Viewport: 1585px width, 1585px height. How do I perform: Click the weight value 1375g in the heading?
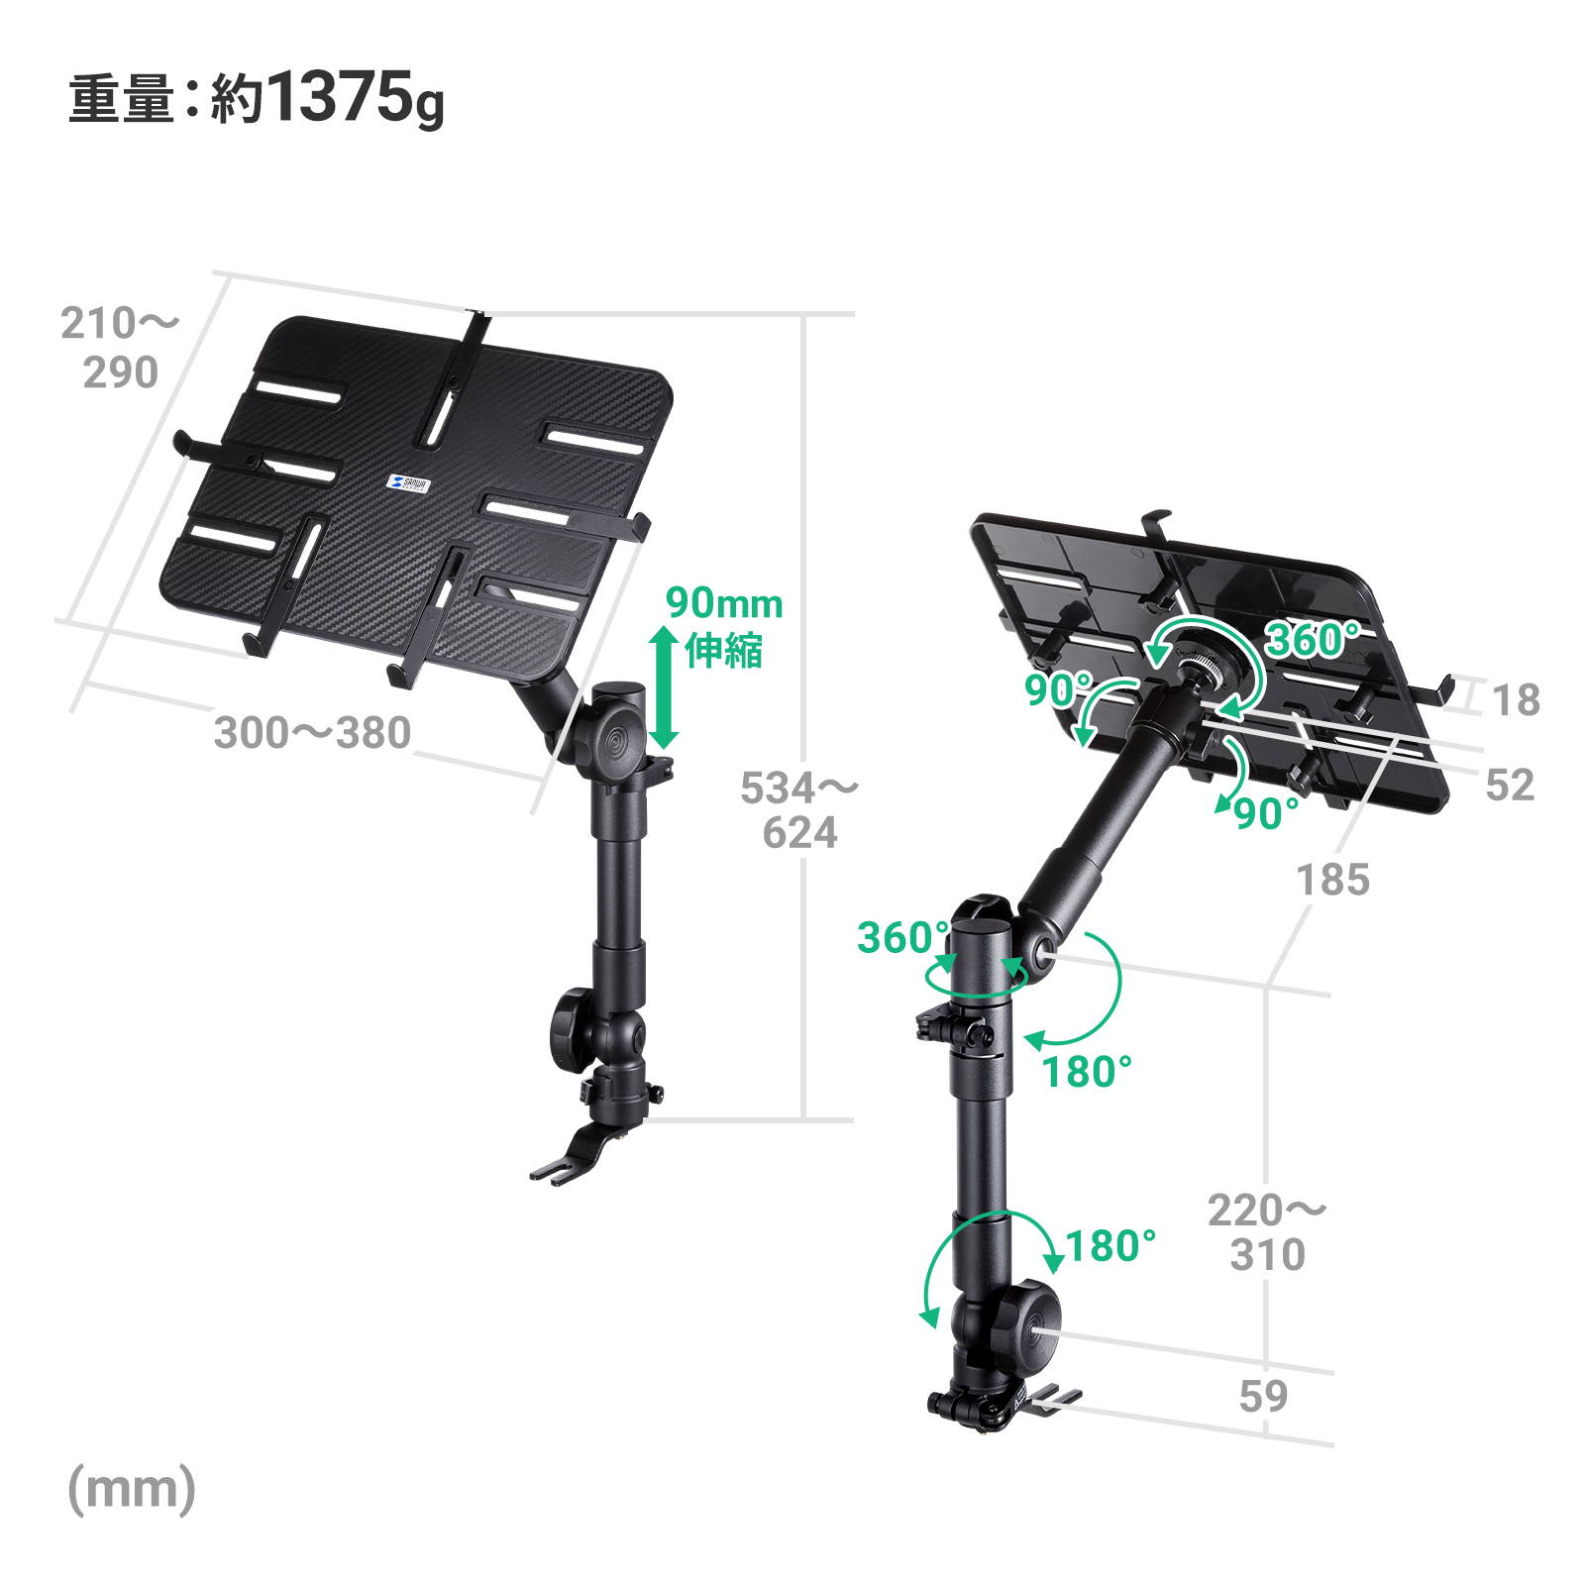354,99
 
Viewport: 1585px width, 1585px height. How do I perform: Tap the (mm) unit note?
132,1489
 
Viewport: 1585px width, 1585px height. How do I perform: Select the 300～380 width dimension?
312,733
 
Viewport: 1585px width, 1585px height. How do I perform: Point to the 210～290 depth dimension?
120,348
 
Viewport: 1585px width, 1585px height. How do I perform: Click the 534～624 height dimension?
799,810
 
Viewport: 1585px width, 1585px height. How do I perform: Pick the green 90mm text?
724,602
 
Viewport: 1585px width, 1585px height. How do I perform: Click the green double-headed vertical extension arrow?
663,687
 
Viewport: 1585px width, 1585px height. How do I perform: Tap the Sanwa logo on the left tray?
407,482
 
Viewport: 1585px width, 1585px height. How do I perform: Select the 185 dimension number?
1333,880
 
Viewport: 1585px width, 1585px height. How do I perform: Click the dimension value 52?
1510,786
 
